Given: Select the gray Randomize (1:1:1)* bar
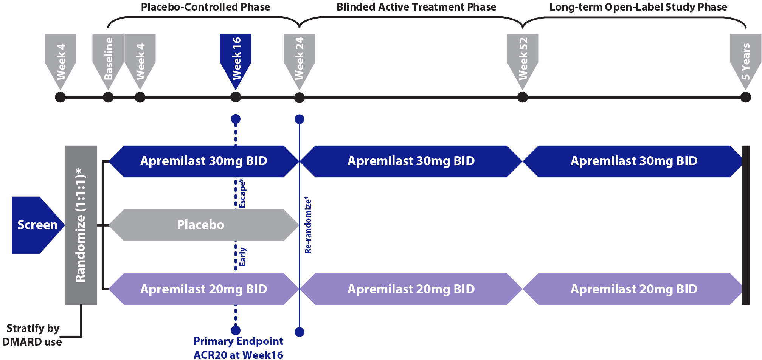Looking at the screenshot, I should pyautogui.click(x=81, y=225).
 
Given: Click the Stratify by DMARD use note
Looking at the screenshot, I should pyautogui.click(x=33, y=335).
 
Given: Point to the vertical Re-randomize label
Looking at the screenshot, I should pyautogui.click(x=308, y=225).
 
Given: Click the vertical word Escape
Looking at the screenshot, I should pyautogui.click(x=242, y=194).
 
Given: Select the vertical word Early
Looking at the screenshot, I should pyautogui.click(x=242, y=257).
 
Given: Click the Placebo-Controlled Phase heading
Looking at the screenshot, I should pyautogui.click(x=205, y=7).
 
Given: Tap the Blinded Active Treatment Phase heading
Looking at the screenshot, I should pyautogui.click(x=416, y=7).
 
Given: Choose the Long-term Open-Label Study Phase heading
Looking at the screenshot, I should pyautogui.click(x=638, y=7).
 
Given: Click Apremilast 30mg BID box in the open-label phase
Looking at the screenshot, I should pyautogui.click(x=633, y=161).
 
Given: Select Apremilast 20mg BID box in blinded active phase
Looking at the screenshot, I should pyautogui.click(x=411, y=289).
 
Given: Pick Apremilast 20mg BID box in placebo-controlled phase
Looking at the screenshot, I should pyautogui.click(x=203, y=289).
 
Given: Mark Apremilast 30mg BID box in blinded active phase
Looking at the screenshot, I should pyautogui.click(x=411, y=161).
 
